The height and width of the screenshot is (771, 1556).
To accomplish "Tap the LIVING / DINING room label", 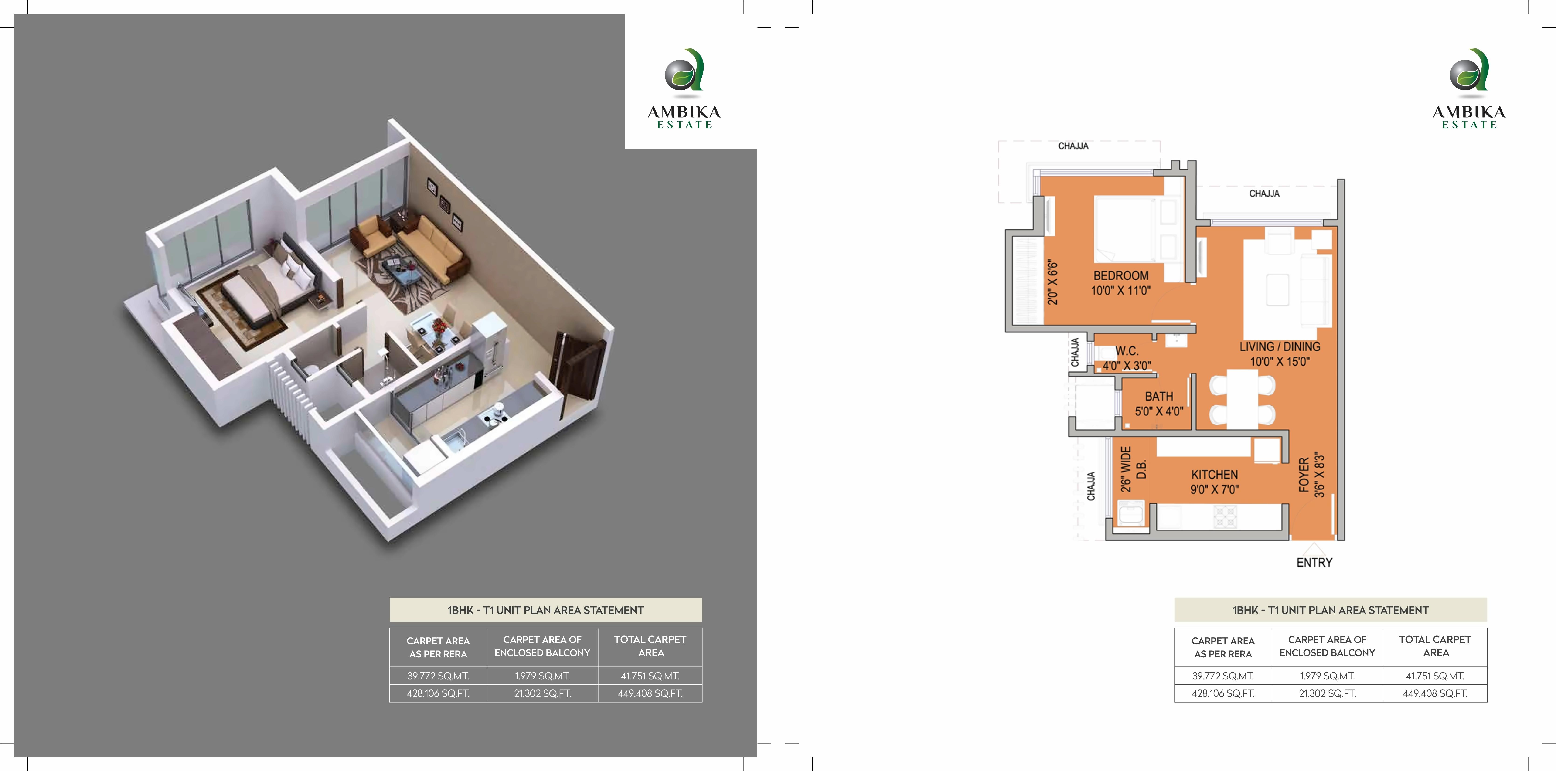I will point(1279,347).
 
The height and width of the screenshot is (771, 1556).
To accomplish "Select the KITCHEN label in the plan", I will point(1214,475).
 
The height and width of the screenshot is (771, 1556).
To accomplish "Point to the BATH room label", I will point(1158,397).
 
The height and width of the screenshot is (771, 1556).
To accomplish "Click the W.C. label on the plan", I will point(1127,351).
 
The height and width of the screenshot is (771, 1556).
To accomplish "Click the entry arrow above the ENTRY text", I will point(1314,549).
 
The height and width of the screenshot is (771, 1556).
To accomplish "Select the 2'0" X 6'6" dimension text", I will point(1053,282).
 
